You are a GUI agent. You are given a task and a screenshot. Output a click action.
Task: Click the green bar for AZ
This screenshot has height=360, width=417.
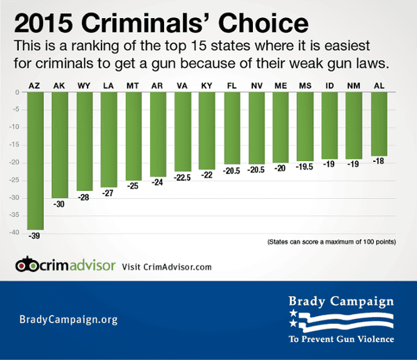35,161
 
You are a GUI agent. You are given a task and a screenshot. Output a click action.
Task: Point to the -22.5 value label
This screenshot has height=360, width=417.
183,177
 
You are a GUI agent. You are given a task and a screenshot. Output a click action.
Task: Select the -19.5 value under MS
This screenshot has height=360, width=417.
305,167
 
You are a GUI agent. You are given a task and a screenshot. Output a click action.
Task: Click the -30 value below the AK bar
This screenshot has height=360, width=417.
60,204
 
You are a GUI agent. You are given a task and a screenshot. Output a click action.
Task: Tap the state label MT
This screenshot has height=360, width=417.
133,85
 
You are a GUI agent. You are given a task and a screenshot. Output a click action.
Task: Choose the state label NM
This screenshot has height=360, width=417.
354,85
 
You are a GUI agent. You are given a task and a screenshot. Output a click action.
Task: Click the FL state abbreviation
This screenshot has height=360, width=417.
231,85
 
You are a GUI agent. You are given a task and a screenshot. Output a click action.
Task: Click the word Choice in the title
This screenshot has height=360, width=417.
267,24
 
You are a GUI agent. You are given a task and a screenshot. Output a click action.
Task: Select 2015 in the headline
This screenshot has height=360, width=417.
45,24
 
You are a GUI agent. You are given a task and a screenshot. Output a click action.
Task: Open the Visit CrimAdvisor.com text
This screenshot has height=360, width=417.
167,266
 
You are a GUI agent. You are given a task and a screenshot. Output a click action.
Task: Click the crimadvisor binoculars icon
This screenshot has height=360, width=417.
28,265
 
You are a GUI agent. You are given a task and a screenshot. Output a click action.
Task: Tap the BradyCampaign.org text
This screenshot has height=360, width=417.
67,320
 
